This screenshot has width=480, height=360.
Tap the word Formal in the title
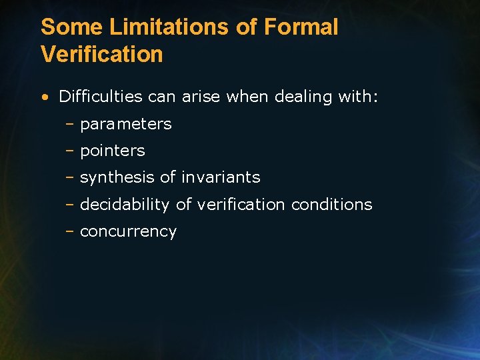point(301,27)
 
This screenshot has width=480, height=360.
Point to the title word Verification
point(102,54)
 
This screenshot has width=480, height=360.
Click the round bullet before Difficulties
point(44,97)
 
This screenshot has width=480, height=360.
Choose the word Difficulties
point(101,97)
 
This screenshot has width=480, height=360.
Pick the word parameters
point(126,125)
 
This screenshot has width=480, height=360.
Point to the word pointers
point(112,151)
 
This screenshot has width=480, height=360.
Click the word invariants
point(221,178)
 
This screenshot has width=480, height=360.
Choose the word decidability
point(125,205)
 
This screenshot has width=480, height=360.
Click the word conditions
point(331,205)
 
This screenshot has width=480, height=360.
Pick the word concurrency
point(128,232)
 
